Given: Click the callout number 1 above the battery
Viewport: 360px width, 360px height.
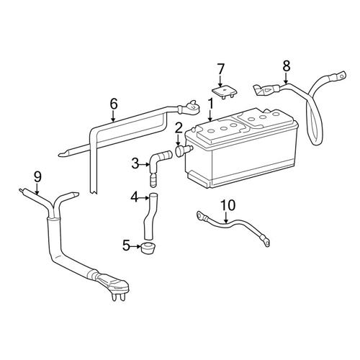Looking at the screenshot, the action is point(210,103).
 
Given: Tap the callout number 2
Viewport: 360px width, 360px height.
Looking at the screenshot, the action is point(177,127).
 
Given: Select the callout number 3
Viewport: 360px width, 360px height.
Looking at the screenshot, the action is point(135,164).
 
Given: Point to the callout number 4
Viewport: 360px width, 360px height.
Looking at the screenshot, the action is point(134,197).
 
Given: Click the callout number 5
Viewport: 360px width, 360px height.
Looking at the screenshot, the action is point(126,246).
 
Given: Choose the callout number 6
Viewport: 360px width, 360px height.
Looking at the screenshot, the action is point(113,103).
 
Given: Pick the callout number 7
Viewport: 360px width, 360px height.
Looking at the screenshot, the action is point(221,69).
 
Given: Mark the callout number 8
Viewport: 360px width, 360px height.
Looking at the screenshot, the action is point(286,66).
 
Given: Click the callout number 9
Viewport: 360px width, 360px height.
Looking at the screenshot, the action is point(38,175).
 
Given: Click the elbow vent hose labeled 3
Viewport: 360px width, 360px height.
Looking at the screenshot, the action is point(157,158).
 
